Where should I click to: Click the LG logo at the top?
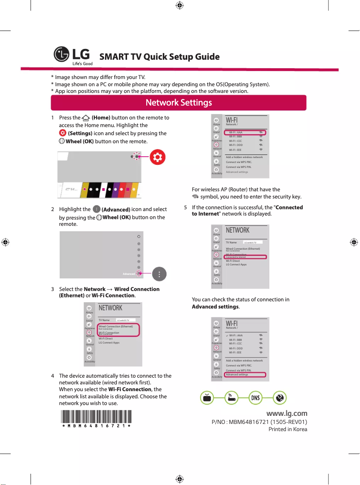point(73,57)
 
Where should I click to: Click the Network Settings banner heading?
point(179,103)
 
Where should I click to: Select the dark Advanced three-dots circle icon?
point(160,273)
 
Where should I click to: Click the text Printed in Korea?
point(288,429)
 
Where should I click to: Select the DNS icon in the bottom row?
point(255,398)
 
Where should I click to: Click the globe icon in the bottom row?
point(280,398)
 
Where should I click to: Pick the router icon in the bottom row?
point(231,398)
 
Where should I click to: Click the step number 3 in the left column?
point(53,289)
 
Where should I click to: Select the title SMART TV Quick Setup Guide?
point(159,57)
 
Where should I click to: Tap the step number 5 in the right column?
point(185,207)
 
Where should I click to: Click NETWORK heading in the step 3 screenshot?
point(110,308)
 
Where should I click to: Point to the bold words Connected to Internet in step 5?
point(247,211)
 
